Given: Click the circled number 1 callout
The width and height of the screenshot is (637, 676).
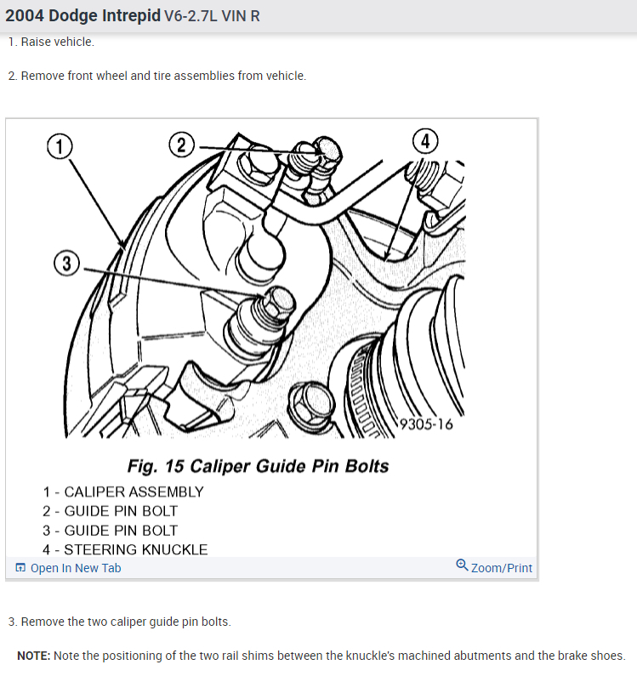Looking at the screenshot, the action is [x=60, y=146].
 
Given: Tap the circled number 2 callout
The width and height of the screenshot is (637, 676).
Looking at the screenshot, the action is [x=181, y=145].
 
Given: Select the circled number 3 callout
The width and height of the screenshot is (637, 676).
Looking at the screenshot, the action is [x=67, y=264].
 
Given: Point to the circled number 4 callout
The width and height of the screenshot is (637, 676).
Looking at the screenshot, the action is [x=425, y=141].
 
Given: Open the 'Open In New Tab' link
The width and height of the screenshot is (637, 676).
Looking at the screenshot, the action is [x=68, y=568].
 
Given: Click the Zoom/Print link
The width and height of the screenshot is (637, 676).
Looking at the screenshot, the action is [x=502, y=568].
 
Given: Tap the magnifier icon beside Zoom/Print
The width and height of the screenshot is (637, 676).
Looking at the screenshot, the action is [x=462, y=565].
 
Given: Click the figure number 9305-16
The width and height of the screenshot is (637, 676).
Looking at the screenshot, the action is [x=426, y=424].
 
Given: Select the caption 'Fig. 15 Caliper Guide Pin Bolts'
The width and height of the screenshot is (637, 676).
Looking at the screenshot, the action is [x=258, y=466].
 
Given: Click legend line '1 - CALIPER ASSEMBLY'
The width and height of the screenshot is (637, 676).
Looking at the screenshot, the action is [x=123, y=492].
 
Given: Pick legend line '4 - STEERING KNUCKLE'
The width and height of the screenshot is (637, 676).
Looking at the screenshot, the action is [x=125, y=549].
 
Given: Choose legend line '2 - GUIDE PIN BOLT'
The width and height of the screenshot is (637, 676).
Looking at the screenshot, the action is [x=110, y=511].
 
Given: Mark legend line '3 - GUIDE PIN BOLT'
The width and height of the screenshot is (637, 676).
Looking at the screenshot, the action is [x=110, y=531].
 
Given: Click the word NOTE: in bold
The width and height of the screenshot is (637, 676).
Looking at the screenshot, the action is [x=34, y=656].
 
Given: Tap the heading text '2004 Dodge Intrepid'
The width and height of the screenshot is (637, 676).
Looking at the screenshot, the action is [x=82, y=15].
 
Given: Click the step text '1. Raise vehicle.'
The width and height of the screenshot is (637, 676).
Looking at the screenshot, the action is [x=51, y=42].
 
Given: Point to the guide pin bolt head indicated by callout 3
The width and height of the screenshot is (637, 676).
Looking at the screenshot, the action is [x=277, y=303].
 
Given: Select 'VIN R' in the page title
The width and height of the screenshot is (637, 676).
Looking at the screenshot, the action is [x=241, y=16].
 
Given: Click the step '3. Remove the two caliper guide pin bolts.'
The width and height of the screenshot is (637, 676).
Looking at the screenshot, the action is [x=119, y=622].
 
